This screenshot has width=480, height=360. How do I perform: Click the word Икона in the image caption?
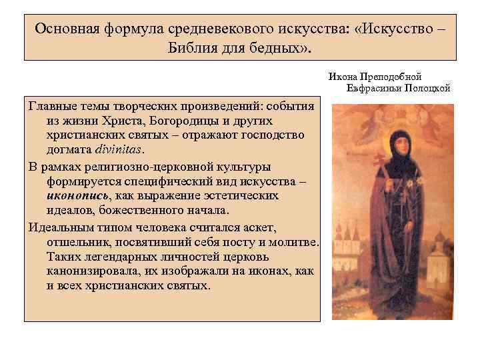click(343, 77)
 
